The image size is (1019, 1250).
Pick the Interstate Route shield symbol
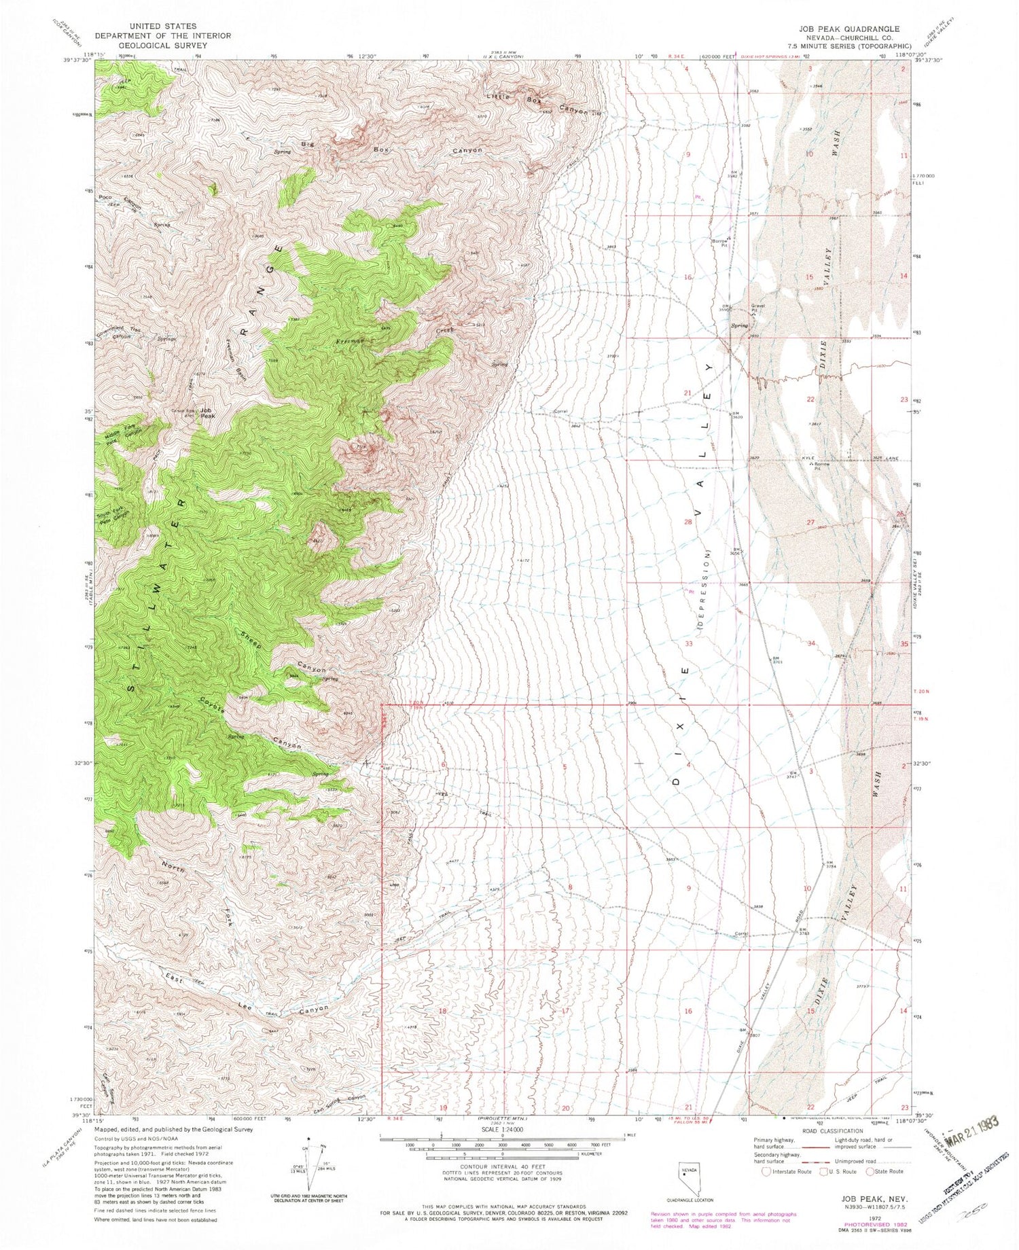pos(765,1172)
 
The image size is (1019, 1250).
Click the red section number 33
pos(688,643)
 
